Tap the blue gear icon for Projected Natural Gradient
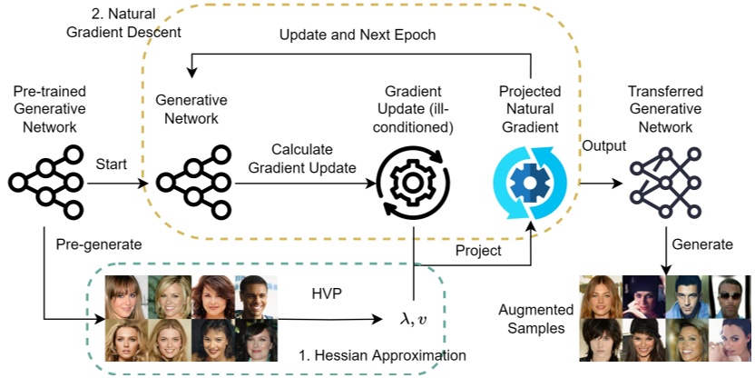[x=528, y=182]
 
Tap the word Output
[x=603, y=145]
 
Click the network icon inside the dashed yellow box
[x=191, y=182]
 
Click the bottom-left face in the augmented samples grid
[x=601, y=340]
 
